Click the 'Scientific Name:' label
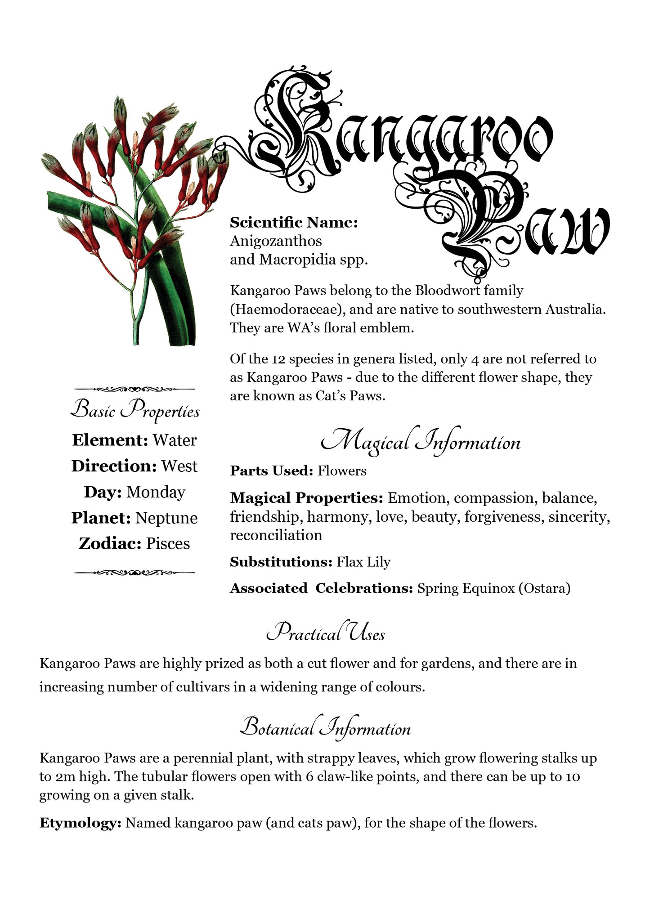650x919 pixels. pos(294,222)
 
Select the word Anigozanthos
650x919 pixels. pos(276,241)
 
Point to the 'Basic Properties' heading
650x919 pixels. pos(135,410)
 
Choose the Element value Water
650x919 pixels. pos(175,440)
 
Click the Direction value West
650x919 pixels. pos(179,466)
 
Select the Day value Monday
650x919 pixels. pos(156,492)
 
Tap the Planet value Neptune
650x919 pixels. pos(166,518)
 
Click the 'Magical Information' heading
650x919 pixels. pos(421,443)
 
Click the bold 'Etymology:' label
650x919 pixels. pos(81,823)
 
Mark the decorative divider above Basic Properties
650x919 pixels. pos(134,389)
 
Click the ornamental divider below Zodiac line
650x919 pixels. pos(134,573)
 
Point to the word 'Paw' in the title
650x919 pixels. pos(526,220)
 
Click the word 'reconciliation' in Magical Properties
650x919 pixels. pos(276,535)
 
